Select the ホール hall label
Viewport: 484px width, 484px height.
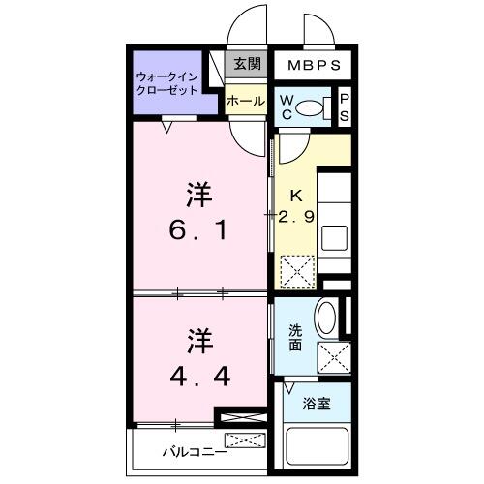coord(246,100)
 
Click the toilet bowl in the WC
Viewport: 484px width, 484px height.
coord(311,107)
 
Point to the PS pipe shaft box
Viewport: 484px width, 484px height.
coord(343,106)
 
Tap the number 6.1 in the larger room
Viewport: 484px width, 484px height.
coord(199,231)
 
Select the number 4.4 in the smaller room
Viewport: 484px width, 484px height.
coord(199,375)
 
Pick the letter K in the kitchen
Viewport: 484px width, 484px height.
coord(296,193)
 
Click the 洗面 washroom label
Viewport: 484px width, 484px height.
coord(295,335)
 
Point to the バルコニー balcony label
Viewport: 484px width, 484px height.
coord(194,451)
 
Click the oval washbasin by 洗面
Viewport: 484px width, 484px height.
coord(325,319)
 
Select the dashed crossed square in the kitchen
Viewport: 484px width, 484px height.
coord(296,269)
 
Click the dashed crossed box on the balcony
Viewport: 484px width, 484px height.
coord(248,442)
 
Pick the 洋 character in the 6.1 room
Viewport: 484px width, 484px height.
coord(199,191)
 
